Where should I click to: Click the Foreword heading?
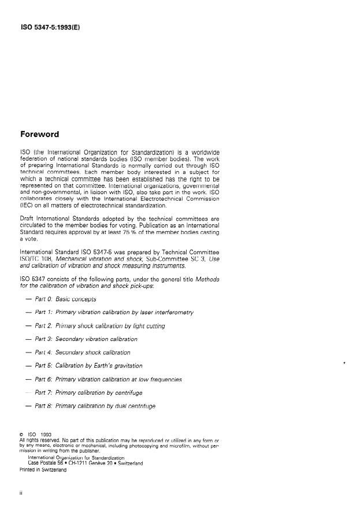(x=39, y=135)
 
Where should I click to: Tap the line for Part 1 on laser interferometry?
(x=113, y=312)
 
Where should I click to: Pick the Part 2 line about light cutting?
(x=99, y=326)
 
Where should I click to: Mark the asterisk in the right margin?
(x=344, y=362)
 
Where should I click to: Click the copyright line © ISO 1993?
(x=36, y=435)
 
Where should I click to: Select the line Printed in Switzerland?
(x=43, y=470)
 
